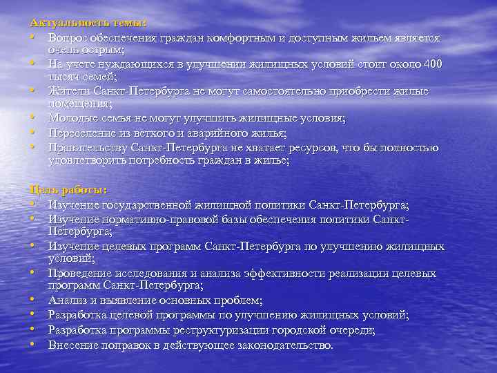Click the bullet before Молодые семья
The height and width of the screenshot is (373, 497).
point(33,119)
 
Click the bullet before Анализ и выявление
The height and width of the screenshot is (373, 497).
point(33,300)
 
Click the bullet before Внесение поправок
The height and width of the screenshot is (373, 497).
point(33,344)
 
